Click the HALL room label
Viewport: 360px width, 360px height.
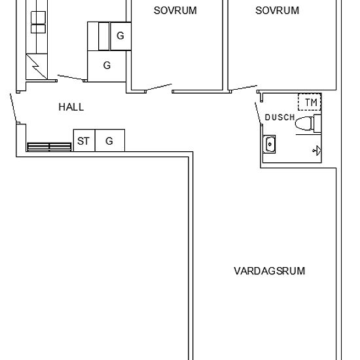71,107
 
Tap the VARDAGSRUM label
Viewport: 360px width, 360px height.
269,270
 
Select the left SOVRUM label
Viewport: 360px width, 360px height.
175,10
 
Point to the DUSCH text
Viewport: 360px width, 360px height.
279,117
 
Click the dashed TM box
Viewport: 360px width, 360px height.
310,103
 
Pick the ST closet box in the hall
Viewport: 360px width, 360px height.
83,141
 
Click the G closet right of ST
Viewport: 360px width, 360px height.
109,141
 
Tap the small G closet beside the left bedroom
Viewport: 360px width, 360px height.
120,36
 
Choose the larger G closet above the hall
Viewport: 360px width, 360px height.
107,65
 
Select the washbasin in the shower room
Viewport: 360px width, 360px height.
269,143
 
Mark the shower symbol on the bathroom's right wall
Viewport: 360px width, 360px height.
317,151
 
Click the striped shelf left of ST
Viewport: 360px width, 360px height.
49,146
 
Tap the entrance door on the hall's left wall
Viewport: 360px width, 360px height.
14,108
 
